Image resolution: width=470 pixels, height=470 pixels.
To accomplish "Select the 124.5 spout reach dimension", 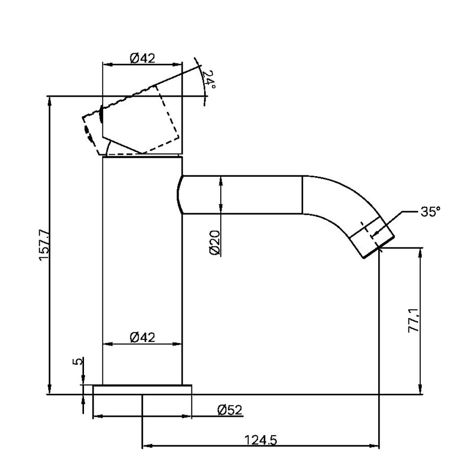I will [x=260, y=440].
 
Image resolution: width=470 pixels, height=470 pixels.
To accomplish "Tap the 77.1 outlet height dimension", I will [x=414, y=320].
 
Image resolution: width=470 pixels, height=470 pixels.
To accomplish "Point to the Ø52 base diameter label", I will [x=229, y=410].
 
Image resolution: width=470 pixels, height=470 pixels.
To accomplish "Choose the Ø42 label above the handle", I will [x=142, y=58].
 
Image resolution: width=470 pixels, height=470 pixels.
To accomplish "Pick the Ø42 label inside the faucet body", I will [x=142, y=337].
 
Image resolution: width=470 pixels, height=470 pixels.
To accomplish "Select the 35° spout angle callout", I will [x=430, y=212].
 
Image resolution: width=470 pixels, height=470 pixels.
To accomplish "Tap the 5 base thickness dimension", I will [x=78, y=361].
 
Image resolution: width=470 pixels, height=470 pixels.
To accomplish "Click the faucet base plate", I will [x=142, y=390].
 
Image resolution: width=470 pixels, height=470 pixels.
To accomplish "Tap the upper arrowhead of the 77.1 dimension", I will [x=420, y=252].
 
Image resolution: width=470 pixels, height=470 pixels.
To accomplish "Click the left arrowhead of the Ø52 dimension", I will [x=97, y=416].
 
